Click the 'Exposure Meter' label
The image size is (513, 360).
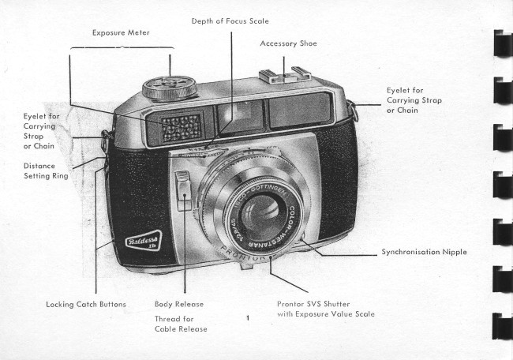coord(121,32)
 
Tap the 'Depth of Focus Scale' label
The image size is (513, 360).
coord(230,20)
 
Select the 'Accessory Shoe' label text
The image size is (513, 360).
coord(288,43)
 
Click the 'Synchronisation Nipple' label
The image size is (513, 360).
coord(424,253)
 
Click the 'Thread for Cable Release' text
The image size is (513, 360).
coord(181,324)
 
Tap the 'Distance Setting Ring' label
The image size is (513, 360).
coord(45,171)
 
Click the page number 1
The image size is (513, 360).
coord(247,318)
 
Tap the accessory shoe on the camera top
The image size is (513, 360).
coord(284,75)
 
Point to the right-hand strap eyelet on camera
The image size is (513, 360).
coord(352,109)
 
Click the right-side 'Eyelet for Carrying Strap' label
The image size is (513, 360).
coord(414,100)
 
